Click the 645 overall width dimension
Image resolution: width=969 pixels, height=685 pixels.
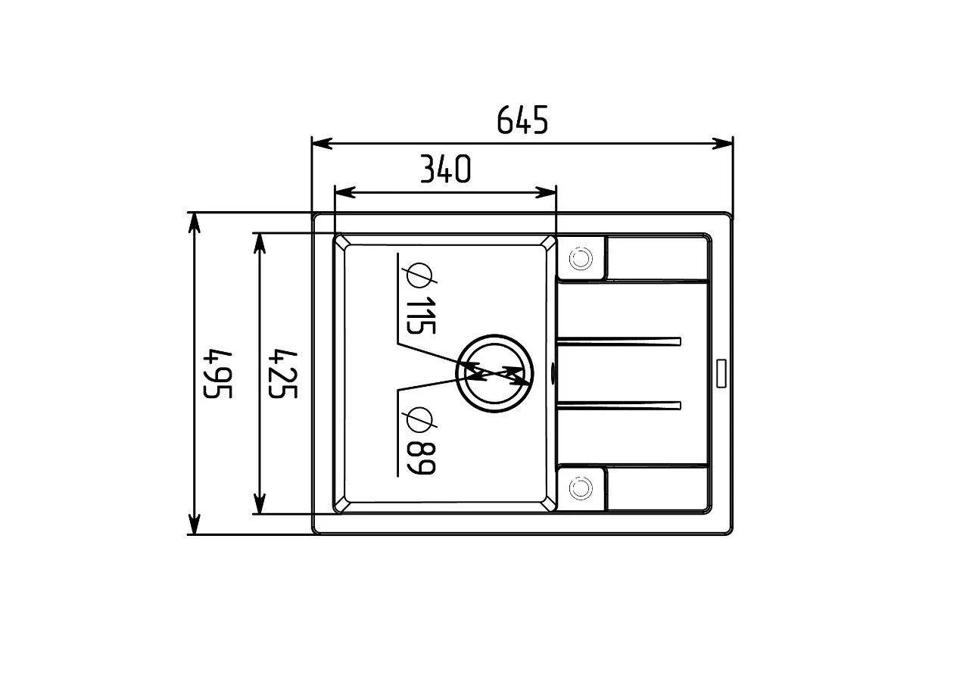pos(522,120)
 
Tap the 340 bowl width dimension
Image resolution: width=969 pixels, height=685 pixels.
pos(446,169)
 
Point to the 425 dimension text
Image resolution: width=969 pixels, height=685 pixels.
pos(283,374)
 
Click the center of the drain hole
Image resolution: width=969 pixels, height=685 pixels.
pos(494,373)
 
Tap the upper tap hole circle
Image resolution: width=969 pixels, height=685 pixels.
pos(581,259)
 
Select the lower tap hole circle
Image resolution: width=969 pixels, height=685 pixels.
pos(581,488)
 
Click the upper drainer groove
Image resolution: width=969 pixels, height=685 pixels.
pos(619,341)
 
